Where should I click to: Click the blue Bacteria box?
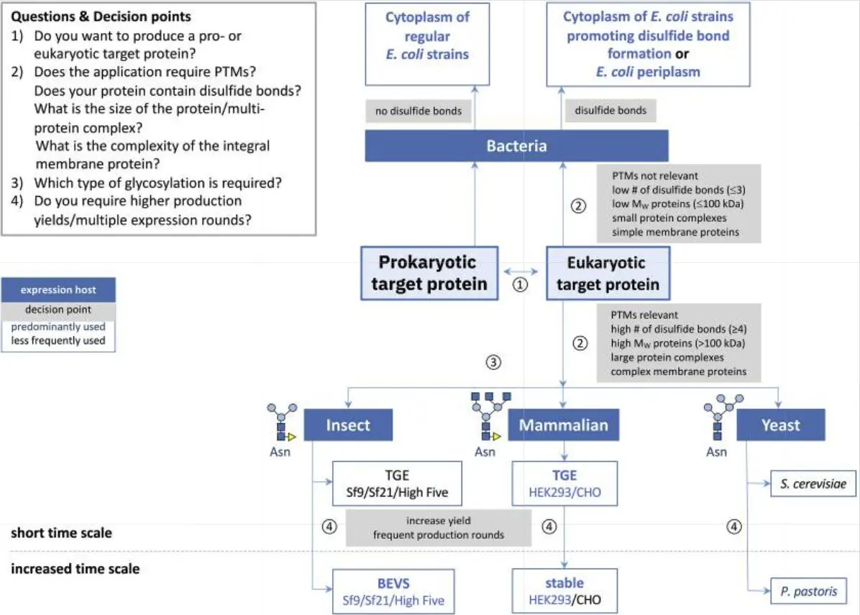(517, 146)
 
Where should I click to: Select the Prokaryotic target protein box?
(429, 273)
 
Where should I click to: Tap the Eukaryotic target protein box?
(608, 273)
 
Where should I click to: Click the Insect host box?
(348, 425)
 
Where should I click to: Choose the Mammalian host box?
(563, 425)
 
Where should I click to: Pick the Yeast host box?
(780, 425)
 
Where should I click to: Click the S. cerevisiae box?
(813, 484)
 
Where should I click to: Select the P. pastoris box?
(808, 591)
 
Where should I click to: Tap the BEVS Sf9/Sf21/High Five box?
(393, 591)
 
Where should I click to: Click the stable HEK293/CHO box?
(564, 591)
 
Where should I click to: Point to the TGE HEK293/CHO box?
(564, 483)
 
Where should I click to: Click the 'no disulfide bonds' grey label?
(418, 111)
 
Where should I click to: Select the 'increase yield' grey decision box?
(438, 527)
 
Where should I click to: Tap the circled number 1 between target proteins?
(520, 285)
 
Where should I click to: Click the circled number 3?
(493, 362)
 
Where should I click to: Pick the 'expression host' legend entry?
(58, 290)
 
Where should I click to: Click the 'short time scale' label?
(61, 533)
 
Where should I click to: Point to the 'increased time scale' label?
(75, 568)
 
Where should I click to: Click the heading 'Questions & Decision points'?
(101, 17)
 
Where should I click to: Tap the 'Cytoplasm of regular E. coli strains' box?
(427, 44)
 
